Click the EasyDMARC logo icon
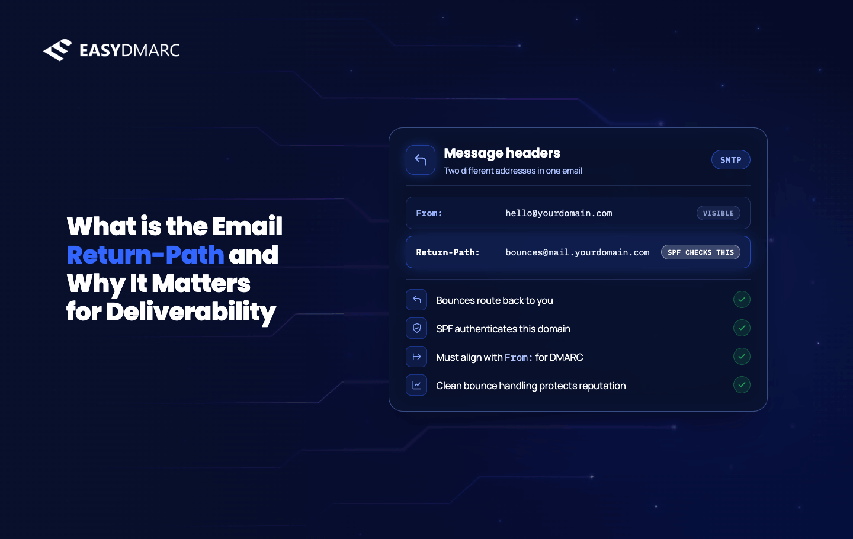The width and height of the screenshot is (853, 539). point(57,50)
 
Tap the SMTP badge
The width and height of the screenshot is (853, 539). point(730,160)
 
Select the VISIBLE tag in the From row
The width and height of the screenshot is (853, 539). point(718,213)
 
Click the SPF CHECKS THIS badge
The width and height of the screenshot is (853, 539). point(701,252)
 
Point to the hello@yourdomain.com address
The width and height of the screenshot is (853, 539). point(559,213)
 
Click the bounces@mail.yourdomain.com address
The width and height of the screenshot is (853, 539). point(578,252)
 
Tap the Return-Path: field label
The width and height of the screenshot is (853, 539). point(447,252)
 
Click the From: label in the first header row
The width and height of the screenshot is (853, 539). point(429,213)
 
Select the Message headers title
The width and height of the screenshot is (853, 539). point(502,153)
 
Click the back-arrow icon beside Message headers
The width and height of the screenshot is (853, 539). point(421,160)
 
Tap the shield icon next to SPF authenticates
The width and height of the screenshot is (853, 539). point(416,328)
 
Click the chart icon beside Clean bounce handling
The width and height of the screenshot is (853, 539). point(416,385)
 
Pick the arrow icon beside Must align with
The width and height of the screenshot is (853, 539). point(416,357)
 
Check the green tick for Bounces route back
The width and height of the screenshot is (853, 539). point(742,299)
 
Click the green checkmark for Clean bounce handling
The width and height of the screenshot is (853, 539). point(742,384)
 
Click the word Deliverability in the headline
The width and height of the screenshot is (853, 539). point(191,312)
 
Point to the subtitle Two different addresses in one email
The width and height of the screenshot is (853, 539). point(513,171)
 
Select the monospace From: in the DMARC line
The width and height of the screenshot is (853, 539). point(518,357)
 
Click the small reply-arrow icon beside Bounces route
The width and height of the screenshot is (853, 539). point(416,300)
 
